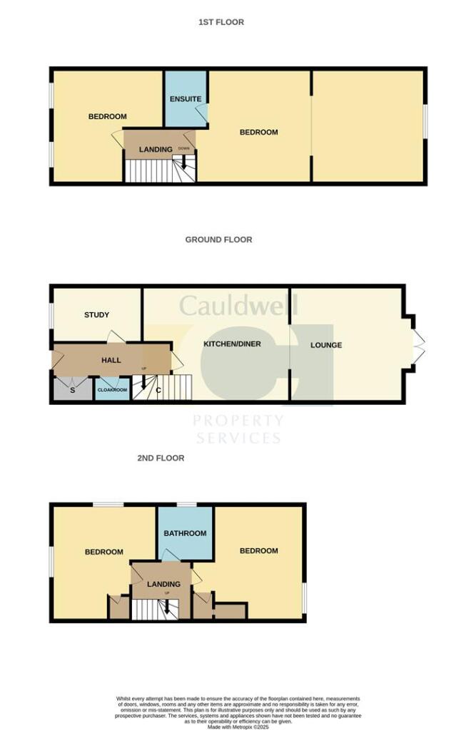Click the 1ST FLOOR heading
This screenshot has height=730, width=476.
tap(221, 22)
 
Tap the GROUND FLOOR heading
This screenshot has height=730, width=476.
tap(218, 240)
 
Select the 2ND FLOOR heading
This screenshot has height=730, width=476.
tap(161, 458)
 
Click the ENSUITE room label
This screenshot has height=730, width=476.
tap(186, 99)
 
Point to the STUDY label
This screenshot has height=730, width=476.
tap(96, 314)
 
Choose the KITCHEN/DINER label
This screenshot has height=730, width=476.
tap(232, 344)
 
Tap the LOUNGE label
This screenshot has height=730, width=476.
tap(326, 345)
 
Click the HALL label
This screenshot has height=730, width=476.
tap(111, 361)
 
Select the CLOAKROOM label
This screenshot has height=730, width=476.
tap(112, 391)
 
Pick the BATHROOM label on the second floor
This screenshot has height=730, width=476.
tap(185, 533)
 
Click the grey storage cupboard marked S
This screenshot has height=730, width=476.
tap(72, 389)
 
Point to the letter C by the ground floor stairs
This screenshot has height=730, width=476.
tap(158, 389)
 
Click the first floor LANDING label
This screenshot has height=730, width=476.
tap(156, 150)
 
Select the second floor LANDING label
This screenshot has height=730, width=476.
tap(163, 585)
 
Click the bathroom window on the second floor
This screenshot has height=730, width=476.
tap(186, 505)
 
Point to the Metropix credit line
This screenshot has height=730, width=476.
tap(238, 726)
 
